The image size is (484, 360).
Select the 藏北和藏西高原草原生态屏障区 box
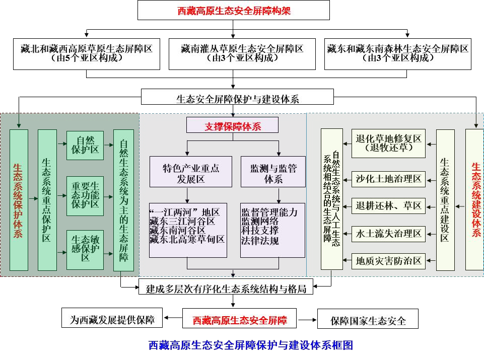87,53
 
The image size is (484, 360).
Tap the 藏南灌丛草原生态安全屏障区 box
242,53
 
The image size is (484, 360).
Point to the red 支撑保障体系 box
232,125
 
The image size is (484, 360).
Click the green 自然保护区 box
85,146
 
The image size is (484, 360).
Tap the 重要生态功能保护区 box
85,196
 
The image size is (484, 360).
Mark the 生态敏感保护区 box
85,249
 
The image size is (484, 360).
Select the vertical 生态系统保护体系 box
19,199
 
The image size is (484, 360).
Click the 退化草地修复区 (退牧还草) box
388,143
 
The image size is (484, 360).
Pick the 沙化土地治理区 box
388,178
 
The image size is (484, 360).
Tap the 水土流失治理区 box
388,233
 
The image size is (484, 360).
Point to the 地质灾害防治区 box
388,260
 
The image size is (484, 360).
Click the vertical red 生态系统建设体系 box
474,199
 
